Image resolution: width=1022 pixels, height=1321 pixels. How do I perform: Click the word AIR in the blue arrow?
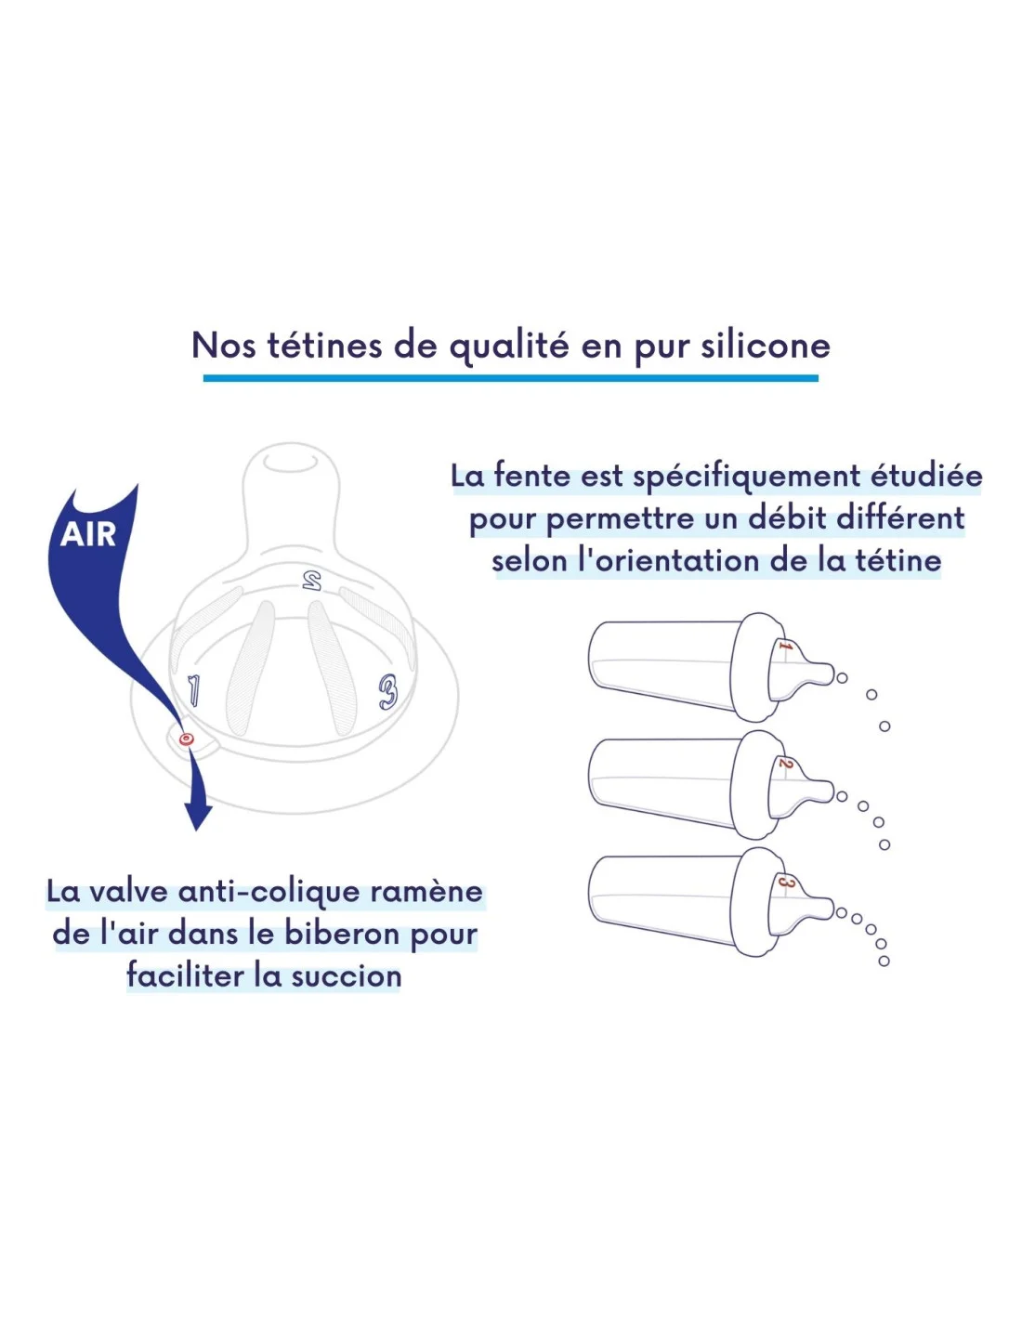87,535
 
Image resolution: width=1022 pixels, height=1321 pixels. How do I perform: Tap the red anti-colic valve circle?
186,739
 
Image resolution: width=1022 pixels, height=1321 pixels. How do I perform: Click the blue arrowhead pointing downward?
198,815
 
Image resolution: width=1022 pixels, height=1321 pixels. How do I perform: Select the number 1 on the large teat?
193,691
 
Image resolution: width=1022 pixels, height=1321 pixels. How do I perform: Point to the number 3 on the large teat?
387,692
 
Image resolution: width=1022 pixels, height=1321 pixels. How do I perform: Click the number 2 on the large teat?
312,580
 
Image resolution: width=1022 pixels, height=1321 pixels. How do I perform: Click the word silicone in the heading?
766,346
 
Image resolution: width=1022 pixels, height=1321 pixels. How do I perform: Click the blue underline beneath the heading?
511,378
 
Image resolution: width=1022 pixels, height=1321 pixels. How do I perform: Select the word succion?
346,977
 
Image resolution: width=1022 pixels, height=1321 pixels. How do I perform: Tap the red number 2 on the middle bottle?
785,764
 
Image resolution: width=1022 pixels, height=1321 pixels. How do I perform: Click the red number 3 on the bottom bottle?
785,882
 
